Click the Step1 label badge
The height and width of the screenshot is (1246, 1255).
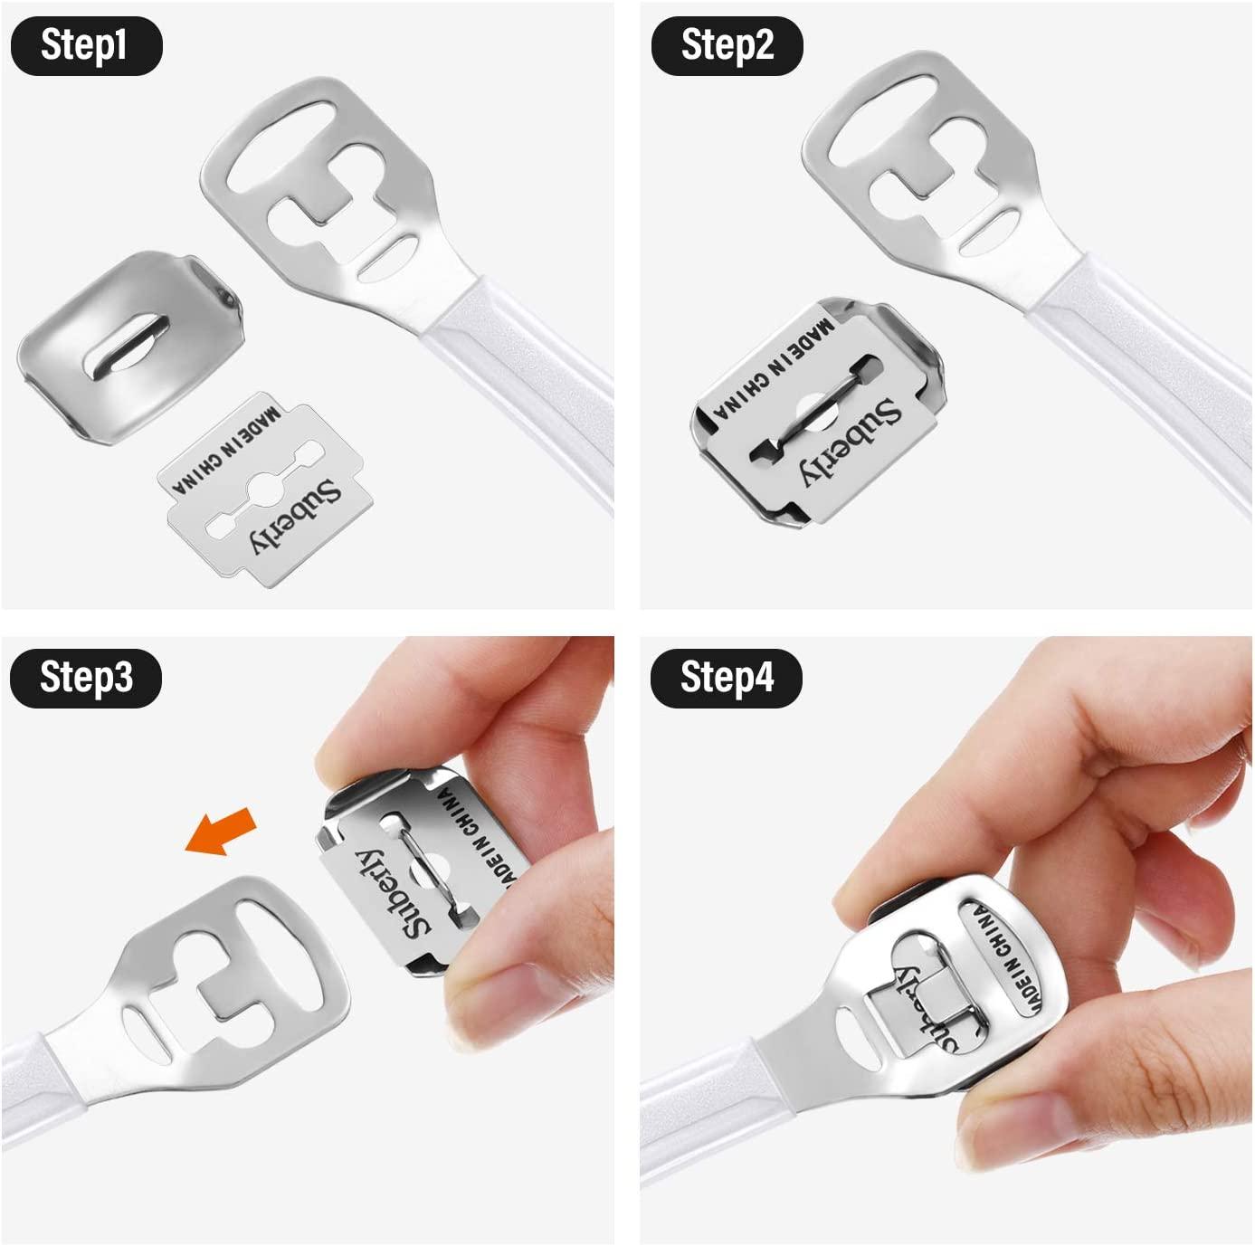(x=85, y=45)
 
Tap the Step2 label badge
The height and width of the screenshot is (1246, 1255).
(x=727, y=45)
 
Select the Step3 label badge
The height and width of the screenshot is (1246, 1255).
(x=86, y=677)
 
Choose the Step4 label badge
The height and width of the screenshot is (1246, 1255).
(x=727, y=677)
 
